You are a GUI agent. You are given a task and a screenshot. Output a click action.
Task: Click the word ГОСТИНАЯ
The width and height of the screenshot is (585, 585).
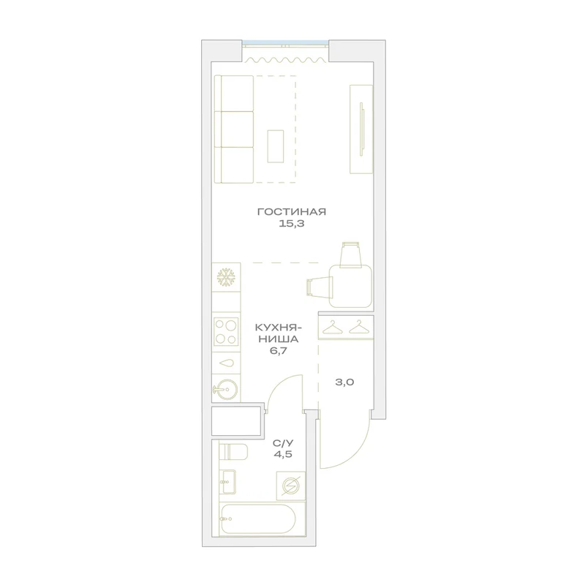291,212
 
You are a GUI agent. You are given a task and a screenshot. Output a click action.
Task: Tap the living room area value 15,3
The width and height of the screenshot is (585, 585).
291,224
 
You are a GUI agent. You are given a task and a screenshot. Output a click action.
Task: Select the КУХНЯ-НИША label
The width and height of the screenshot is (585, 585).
279,333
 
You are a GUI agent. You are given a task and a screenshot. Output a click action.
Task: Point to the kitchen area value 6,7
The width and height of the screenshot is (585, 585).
279,351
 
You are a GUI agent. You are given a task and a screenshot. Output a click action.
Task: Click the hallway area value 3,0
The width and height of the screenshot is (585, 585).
344,382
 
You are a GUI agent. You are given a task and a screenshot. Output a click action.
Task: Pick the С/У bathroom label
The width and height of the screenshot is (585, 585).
283,443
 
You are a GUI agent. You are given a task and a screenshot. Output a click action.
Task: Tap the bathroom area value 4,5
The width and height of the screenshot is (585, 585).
283,454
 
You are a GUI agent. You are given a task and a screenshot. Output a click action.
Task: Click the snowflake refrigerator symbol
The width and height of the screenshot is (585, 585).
226,278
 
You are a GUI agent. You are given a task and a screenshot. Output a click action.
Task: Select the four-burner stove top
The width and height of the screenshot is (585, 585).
226,332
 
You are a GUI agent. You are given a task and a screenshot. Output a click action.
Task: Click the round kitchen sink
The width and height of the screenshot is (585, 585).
226,390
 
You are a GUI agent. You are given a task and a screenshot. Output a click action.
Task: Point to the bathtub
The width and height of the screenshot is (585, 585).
258,519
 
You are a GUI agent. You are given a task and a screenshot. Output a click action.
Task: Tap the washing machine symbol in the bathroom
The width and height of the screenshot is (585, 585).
290,486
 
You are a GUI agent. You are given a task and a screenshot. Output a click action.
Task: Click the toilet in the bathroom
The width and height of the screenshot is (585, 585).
233,453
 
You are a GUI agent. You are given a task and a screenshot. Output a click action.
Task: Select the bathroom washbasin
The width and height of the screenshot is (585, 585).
227,481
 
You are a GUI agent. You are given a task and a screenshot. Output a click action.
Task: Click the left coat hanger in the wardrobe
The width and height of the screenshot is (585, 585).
332,327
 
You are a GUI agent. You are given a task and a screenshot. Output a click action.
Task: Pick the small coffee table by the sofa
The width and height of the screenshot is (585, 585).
276,146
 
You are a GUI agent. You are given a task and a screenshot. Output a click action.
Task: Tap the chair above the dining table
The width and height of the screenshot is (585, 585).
352,254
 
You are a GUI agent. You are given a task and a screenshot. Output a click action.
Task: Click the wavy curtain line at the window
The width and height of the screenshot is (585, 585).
284,59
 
